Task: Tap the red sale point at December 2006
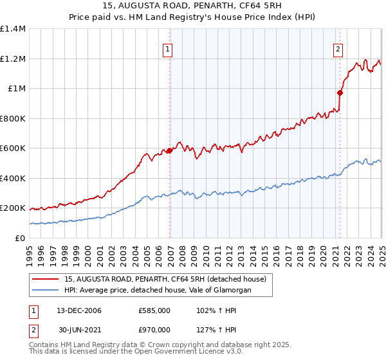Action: click(x=170, y=151)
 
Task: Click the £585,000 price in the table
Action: click(x=155, y=311)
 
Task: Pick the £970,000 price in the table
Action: click(x=155, y=330)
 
